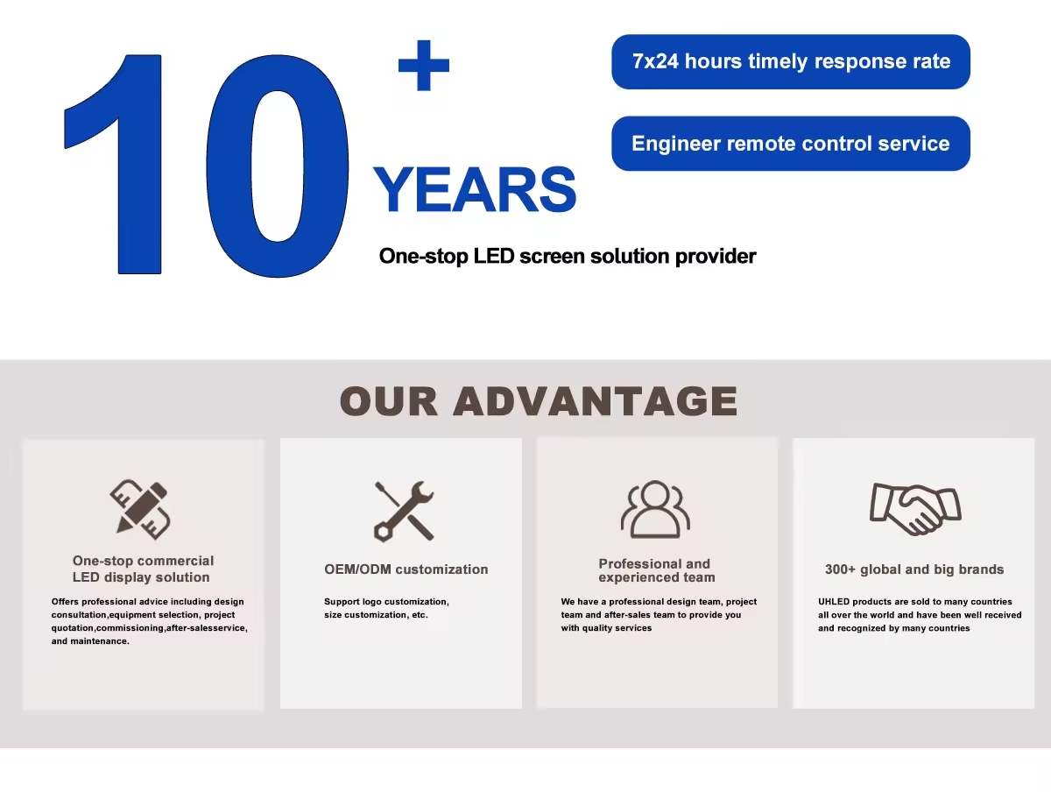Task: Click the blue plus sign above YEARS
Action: [x=424, y=65]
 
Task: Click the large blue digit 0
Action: [x=278, y=166]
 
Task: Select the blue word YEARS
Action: [x=475, y=189]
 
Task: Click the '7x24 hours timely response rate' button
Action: [x=791, y=62]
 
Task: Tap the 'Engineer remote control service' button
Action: [x=791, y=144]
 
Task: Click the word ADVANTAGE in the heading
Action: [x=596, y=400]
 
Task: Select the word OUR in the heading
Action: [x=388, y=400]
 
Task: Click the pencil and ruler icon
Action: [x=140, y=510]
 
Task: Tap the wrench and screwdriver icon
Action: [x=404, y=511]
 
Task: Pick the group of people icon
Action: [x=655, y=509]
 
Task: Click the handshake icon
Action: [x=915, y=509]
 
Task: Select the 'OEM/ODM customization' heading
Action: [x=406, y=569]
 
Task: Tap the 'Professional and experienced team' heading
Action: [x=657, y=570]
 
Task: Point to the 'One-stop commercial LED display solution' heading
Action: [x=143, y=569]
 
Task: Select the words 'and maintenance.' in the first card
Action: [x=90, y=641]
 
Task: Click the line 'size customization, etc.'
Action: [x=376, y=615]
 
